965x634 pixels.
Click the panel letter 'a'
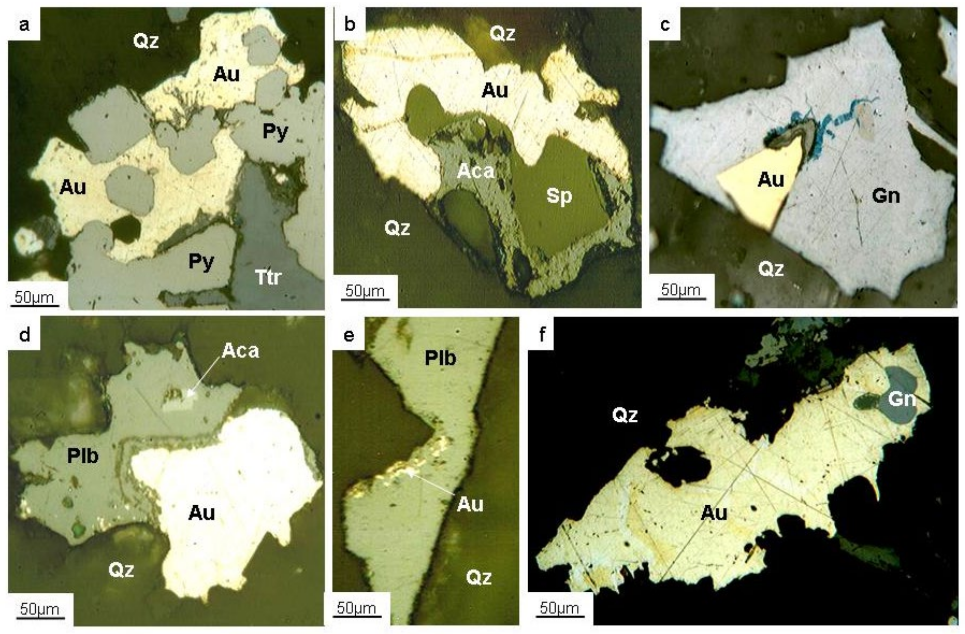pos(24,25)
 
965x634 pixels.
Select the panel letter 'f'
pos(542,335)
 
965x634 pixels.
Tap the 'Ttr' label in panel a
pos(268,278)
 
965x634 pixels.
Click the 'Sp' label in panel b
pos(559,196)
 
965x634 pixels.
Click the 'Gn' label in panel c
pos(886,196)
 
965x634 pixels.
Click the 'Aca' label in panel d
pos(240,351)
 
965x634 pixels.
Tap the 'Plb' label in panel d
pos(83,456)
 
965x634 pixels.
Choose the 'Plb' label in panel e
pos(440,358)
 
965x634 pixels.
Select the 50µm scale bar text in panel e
pos(356,608)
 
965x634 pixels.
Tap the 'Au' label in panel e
pos(470,505)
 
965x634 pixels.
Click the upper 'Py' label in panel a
pos(275,132)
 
